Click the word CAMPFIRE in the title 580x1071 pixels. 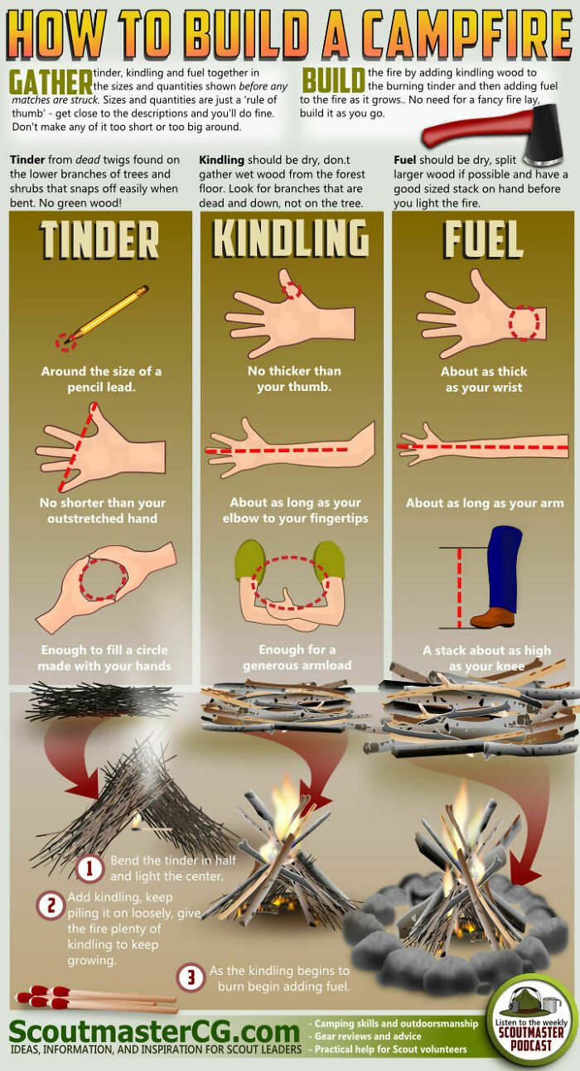pos(461,35)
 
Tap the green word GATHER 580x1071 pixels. pos(50,82)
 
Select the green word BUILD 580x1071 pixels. pos(333,81)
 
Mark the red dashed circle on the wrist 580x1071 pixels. pos(524,322)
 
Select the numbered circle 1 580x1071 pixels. pos(90,868)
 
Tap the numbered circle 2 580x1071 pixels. pos(51,905)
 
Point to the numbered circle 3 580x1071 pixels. pos(191,978)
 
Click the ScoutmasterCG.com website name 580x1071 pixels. pos(154,1032)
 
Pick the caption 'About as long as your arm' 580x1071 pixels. pos(485,503)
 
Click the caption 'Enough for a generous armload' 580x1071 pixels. pos(297,658)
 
